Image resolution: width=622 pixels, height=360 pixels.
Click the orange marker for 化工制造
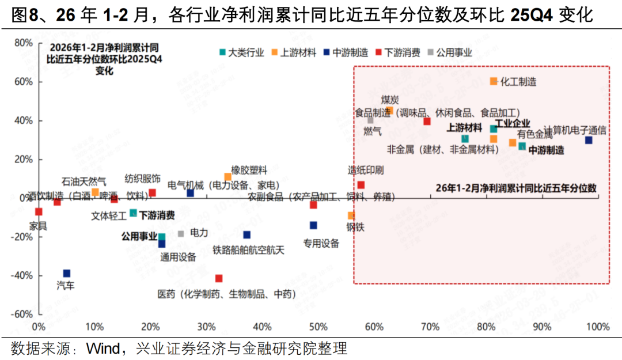pos(494,81)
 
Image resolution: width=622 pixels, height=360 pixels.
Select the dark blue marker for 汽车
pos(67,274)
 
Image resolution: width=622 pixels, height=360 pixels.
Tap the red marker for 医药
pos(219,278)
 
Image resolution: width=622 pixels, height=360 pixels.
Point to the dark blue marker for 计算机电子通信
pos(589,141)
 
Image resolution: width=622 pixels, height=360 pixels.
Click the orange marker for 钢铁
pos(351,215)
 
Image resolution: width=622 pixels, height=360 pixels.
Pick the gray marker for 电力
pos(181,233)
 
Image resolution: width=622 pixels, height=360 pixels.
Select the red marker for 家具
pos(39,212)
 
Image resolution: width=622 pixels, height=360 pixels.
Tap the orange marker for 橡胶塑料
pos(227,177)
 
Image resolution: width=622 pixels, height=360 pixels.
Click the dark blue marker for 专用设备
pos(313,225)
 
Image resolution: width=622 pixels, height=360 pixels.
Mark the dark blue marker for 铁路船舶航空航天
pos(246,234)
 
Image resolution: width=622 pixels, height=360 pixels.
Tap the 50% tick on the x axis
pos(318,327)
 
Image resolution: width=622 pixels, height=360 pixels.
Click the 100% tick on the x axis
pos(598,327)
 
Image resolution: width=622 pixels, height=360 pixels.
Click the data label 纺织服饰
pos(143,179)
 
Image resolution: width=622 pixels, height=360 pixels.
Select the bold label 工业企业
pos(512,123)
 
